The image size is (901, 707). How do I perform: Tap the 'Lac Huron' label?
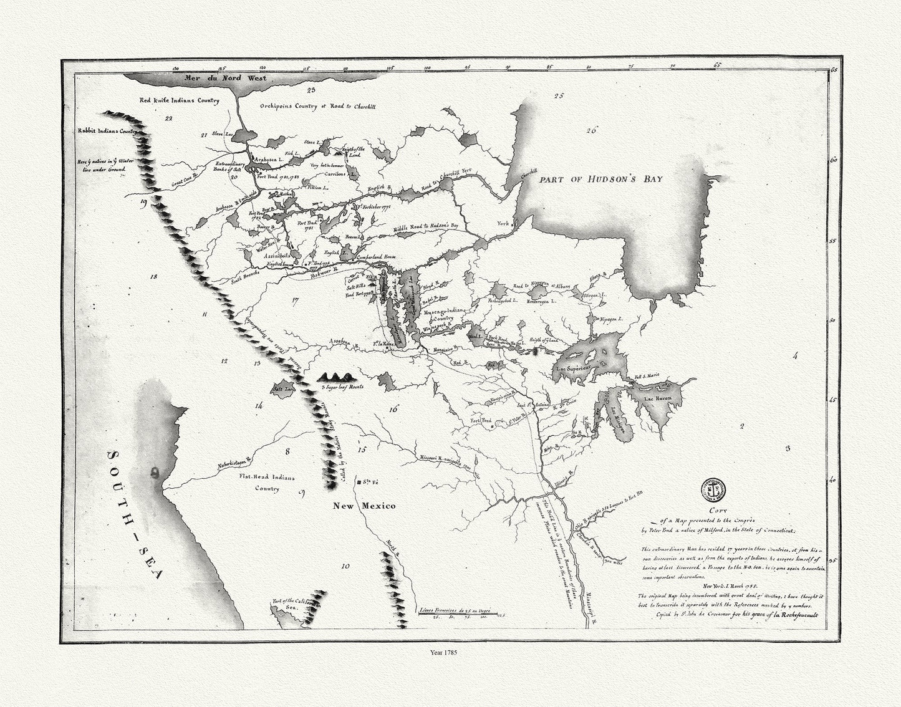coord(660,398)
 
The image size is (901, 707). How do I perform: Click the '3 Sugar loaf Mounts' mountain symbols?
coord(337,377)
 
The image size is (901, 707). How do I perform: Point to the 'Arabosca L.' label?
coord(269,160)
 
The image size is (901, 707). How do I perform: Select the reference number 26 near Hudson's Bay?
coord(592,130)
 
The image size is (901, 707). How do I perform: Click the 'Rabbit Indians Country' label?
coord(107,132)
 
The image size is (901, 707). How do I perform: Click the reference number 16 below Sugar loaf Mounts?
coord(392,410)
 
